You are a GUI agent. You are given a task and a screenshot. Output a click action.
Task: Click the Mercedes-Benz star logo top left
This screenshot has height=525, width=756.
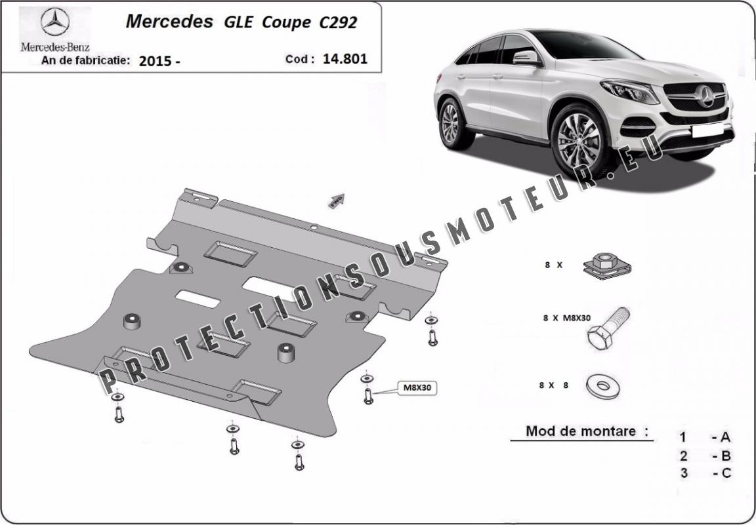pyautogui.click(x=55, y=22)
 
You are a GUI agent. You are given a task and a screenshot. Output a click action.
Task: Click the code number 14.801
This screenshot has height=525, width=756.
pyautogui.click(x=345, y=59)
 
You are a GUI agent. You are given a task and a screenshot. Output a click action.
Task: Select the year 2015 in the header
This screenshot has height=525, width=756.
pyautogui.click(x=156, y=61)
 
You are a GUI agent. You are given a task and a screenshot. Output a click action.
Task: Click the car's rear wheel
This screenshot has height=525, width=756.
pyautogui.click(x=453, y=123)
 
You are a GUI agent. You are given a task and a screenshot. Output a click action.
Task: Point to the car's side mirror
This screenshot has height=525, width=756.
pyautogui.click(x=526, y=58)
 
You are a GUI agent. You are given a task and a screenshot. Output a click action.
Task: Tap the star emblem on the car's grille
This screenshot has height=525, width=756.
pyautogui.click(x=705, y=96)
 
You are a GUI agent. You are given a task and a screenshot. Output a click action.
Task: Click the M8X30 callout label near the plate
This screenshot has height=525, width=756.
pyautogui.click(x=417, y=388)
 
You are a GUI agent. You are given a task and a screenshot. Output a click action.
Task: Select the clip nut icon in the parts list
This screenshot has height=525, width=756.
pyautogui.click(x=607, y=266)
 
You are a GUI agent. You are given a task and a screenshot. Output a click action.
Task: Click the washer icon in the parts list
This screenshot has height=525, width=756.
pyautogui.click(x=602, y=386)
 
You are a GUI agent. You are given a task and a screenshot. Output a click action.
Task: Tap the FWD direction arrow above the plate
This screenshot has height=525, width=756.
pyautogui.click(x=337, y=201)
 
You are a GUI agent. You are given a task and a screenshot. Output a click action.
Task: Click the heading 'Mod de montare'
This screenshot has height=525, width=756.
pyautogui.click(x=581, y=431)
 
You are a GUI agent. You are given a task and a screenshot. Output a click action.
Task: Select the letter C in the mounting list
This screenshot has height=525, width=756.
pyautogui.click(x=726, y=473)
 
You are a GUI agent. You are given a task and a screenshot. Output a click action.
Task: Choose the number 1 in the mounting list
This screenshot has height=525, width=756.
pyautogui.click(x=682, y=437)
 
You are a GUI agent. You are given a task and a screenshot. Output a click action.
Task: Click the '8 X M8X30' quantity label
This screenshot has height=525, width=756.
pyautogui.click(x=566, y=318)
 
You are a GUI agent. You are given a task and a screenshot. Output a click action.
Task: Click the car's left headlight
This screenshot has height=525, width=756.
pyautogui.click(x=630, y=91)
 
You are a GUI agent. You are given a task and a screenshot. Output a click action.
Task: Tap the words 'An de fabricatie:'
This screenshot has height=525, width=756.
pyautogui.click(x=86, y=60)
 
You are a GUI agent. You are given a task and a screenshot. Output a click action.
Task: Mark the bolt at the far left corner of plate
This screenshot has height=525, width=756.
pyautogui.click(x=119, y=414)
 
